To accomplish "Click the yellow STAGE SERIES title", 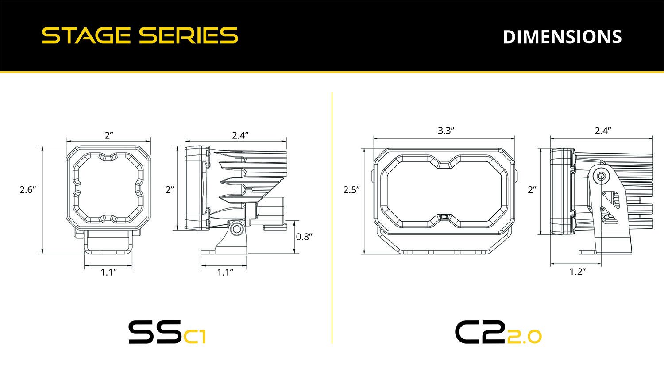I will [x=140, y=36].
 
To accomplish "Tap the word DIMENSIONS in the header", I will [x=562, y=37].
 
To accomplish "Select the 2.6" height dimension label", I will [x=27, y=190].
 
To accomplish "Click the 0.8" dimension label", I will [x=304, y=237].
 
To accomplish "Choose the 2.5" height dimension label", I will [x=351, y=190].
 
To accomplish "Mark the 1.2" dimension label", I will [x=577, y=272].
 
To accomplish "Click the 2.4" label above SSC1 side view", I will [x=240, y=135].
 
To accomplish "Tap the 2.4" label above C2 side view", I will [x=602, y=131].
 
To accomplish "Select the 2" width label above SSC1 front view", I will [x=109, y=135].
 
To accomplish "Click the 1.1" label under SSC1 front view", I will [x=108, y=272].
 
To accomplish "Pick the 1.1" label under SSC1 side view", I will [x=225, y=272].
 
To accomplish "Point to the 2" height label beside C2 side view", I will [x=532, y=190].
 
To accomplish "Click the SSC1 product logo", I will [x=167, y=332].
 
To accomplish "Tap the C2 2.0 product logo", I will [x=498, y=332].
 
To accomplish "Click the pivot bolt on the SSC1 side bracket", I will [x=238, y=229].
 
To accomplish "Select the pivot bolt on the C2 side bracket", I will [x=601, y=176].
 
